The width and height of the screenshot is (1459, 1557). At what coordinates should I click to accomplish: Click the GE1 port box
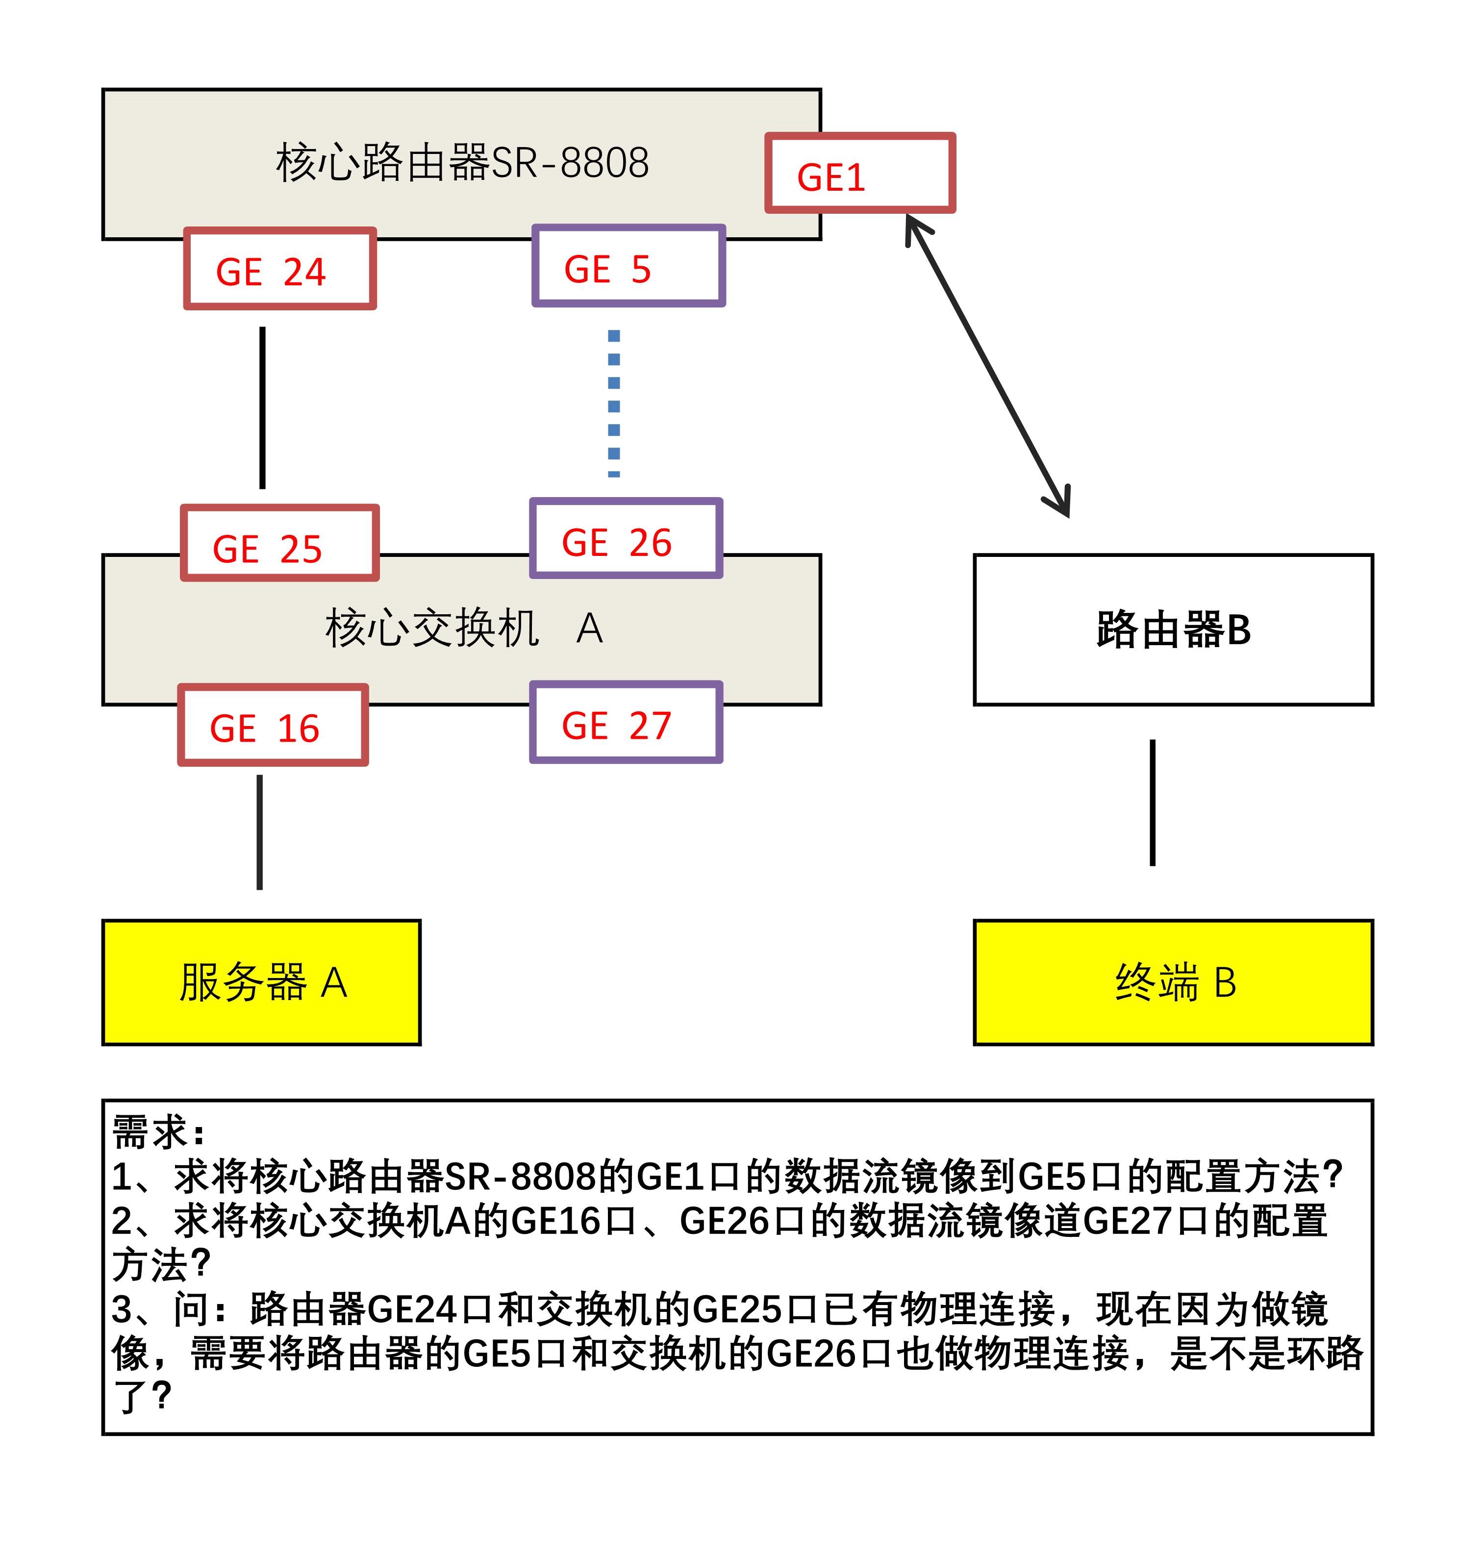[860, 173]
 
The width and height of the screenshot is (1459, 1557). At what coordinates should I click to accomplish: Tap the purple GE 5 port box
[628, 266]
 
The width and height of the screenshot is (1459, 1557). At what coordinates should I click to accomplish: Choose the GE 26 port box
[626, 539]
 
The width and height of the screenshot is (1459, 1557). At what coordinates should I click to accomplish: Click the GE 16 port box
[273, 725]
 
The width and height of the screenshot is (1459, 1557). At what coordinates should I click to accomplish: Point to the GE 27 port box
[626, 722]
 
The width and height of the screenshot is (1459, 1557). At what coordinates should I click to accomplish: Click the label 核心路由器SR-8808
[462, 163]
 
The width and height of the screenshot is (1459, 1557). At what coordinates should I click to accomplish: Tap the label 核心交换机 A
[464, 629]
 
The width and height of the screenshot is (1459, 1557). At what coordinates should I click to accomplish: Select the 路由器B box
[1172, 629]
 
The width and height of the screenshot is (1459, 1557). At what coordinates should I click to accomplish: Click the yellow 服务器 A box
[262, 982]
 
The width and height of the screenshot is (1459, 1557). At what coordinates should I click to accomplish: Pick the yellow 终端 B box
[1172, 982]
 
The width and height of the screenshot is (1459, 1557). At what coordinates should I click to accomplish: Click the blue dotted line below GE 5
[614, 403]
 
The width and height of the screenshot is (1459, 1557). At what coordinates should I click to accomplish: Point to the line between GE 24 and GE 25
[262, 407]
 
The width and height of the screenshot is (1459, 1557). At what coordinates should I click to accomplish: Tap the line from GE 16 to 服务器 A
[260, 832]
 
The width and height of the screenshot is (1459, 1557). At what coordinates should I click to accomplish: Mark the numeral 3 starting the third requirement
[123, 1309]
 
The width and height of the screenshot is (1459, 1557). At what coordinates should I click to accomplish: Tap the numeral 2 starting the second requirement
[123, 1221]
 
